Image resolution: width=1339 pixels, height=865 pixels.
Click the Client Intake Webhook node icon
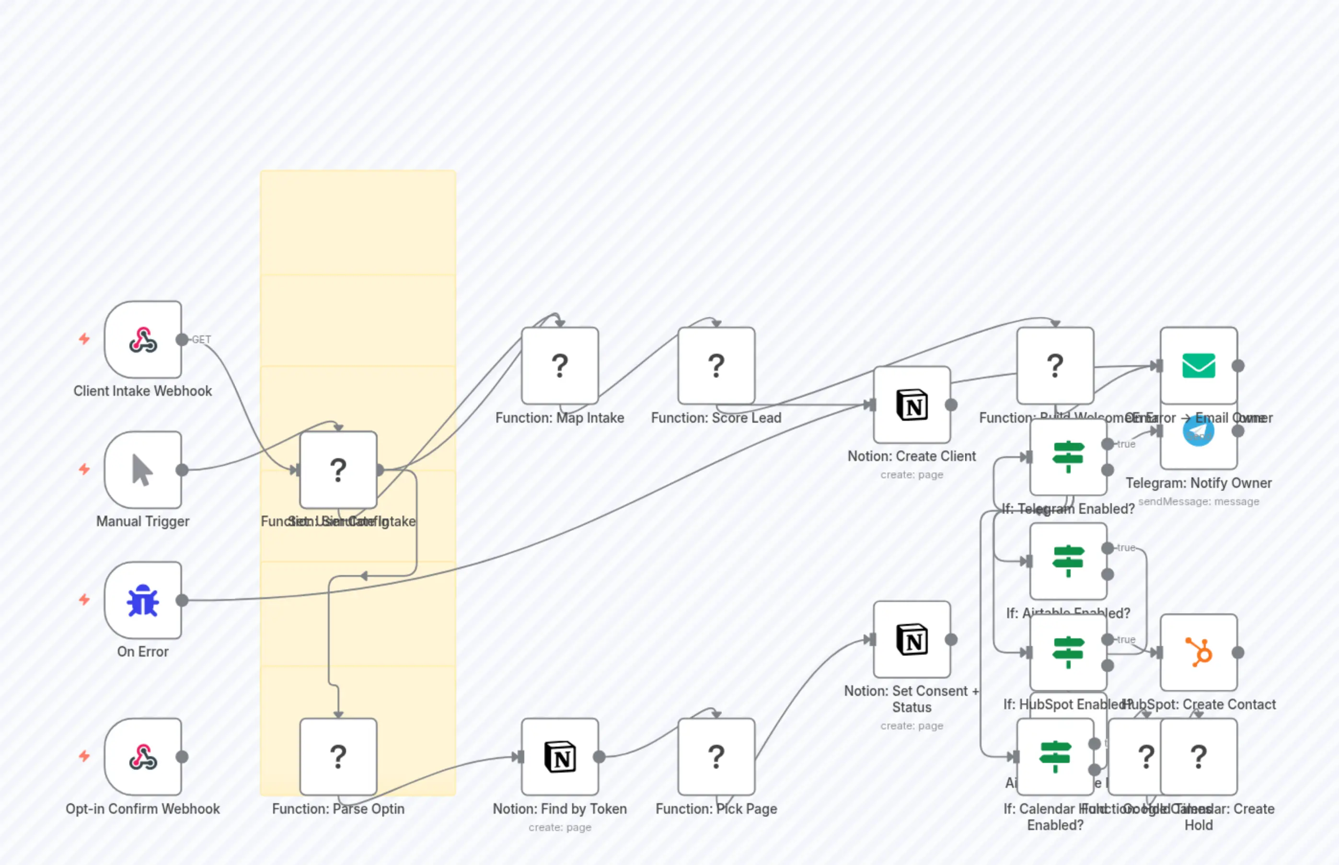143,339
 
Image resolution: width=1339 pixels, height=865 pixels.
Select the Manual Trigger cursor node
143,470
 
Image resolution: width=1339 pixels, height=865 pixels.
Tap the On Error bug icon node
143,600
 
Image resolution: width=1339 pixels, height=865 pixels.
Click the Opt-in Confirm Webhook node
143,757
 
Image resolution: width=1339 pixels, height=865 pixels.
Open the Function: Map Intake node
559,366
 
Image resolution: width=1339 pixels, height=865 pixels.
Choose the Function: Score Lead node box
716,366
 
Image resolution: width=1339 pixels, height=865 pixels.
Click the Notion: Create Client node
912,404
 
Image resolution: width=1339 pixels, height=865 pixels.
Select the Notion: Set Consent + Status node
912,639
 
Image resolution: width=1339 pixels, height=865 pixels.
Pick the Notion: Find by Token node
559,757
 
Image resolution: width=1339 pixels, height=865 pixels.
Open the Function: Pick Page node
716,757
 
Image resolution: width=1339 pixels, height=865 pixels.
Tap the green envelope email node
1198,366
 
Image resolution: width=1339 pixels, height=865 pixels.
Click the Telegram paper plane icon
1198,431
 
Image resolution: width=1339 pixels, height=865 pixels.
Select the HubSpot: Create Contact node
1198,652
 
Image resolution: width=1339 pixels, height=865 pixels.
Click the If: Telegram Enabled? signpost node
1068,457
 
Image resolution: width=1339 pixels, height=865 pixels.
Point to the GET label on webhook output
201,339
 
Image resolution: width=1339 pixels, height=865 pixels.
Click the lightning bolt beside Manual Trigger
84,469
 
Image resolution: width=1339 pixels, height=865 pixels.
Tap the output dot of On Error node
182,600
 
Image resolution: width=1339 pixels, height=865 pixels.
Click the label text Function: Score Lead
716,418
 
